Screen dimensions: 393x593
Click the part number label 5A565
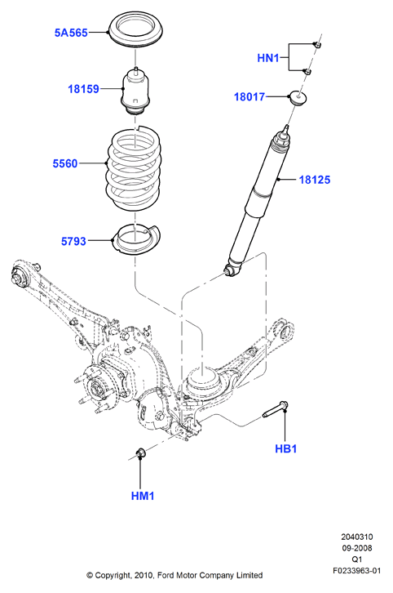click(71, 33)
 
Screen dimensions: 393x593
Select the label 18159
click(83, 89)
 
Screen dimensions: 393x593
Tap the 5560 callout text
click(65, 163)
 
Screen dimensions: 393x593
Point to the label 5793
click(73, 241)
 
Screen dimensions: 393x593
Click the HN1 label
click(268, 58)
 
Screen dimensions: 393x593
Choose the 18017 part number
click(249, 97)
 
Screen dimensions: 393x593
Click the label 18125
click(315, 180)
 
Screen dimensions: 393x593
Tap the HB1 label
click(286, 449)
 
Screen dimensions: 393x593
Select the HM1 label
click(143, 496)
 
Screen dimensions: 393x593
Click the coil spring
click(135, 168)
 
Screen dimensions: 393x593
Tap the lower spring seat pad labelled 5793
click(136, 240)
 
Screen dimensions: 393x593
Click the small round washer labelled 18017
click(298, 97)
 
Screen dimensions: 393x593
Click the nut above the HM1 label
click(141, 452)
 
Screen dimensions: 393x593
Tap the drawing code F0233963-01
click(357, 571)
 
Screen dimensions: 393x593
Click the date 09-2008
click(357, 548)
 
